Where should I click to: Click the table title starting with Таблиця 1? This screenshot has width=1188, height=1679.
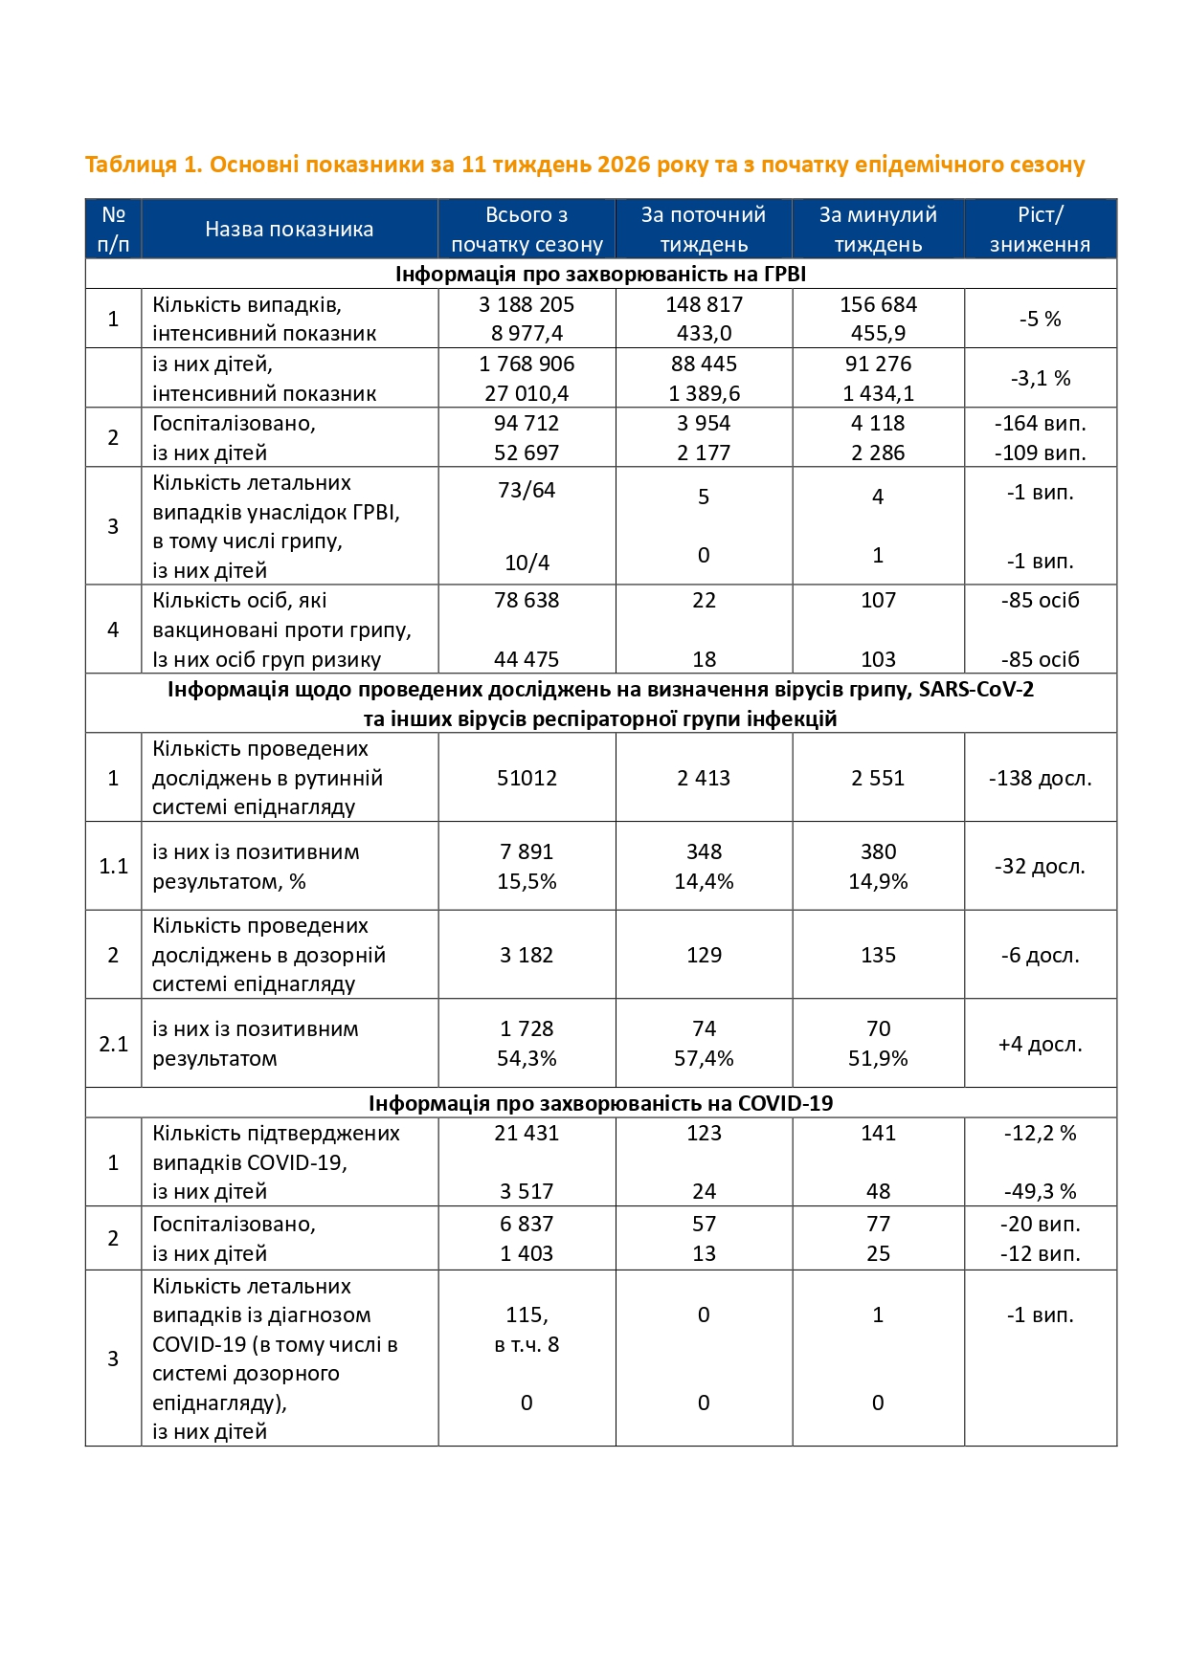pyautogui.click(x=584, y=165)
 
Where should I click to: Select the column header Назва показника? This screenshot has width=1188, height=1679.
pyautogui.click(x=289, y=230)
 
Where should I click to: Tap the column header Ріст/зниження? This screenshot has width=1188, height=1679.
pyautogui.click(x=1040, y=230)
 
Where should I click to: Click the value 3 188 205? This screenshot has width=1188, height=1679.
pyautogui.click(x=527, y=305)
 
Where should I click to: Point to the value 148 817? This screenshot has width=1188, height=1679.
pyautogui.click(x=704, y=305)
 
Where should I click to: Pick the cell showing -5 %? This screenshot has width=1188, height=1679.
pyautogui.click(x=1040, y=320)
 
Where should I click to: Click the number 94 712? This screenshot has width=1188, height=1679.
pyautogui.click(x=527, y=424)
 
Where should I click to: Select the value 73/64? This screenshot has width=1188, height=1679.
pyautogui.click(x=527, y=491)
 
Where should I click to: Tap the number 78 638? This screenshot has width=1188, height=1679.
pyautogui.click(x=527, y=601)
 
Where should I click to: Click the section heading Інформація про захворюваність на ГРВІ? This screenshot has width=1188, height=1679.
pyautogui.click(x=600, y=275)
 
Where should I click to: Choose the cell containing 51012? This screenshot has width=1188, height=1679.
pyautogui.click(x=527, y=779)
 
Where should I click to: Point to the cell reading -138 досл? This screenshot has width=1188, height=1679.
pyautogui.click(x=1040, y=779)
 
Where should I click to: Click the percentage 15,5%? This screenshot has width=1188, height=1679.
pyautogui.click(x=527, y=882)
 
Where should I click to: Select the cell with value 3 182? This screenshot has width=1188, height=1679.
pyautogui.click(x=527, y=956)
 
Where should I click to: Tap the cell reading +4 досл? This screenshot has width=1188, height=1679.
pyautogui.click(x=1040, y=1045)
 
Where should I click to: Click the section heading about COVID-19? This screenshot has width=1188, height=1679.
pyautogui.click(x=600, y=1104)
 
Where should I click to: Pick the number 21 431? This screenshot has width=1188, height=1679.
pyautogui.click(x=527, y=1134)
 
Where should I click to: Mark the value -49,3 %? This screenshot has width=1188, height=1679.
pyautogui.click(x=1040, y=1192)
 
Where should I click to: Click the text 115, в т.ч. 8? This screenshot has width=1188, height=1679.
pyautogui.click(x=527, y=1330)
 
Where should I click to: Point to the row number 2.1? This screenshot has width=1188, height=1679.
pyautogui.click(x=113, y=1045)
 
